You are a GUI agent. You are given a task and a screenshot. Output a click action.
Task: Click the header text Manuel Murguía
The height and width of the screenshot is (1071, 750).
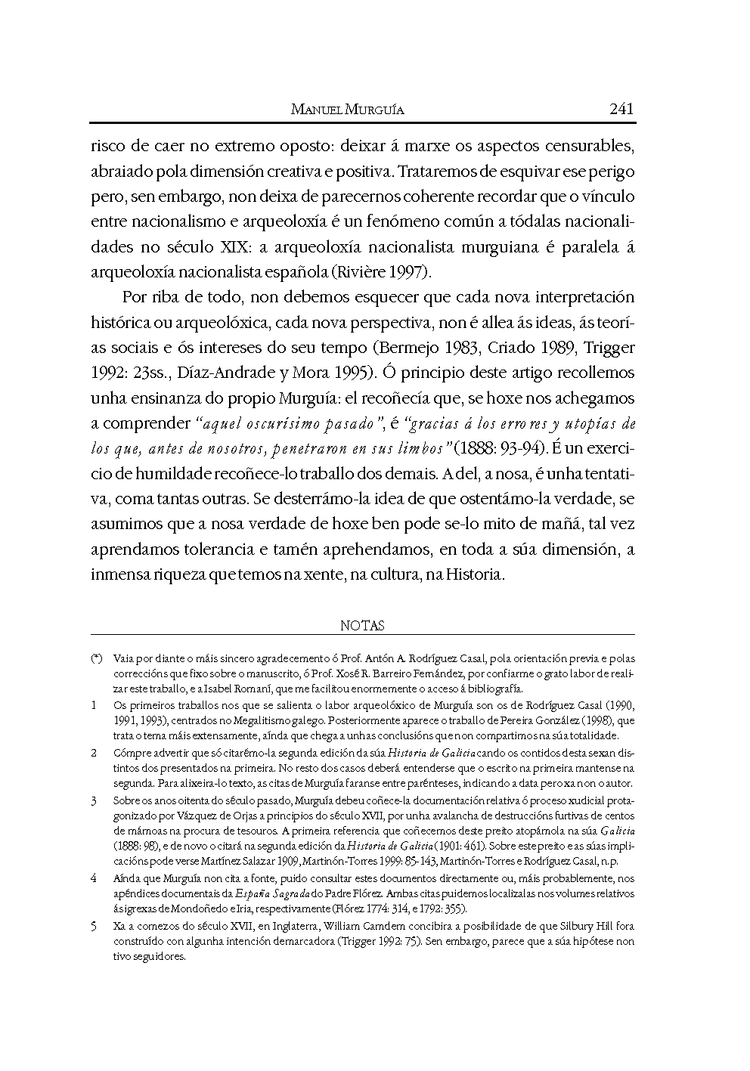point(348,110)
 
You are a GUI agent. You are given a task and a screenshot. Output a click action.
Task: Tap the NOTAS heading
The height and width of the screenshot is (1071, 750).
point(362,625)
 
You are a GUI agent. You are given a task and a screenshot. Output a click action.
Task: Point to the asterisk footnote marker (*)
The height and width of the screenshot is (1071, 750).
point(96,659)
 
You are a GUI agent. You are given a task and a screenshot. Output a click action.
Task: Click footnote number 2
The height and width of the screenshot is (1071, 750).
point(94,753)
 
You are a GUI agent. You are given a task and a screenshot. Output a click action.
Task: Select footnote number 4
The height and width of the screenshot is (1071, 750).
point(94,878)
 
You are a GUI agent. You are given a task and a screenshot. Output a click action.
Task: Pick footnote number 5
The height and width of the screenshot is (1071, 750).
point(94,926)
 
